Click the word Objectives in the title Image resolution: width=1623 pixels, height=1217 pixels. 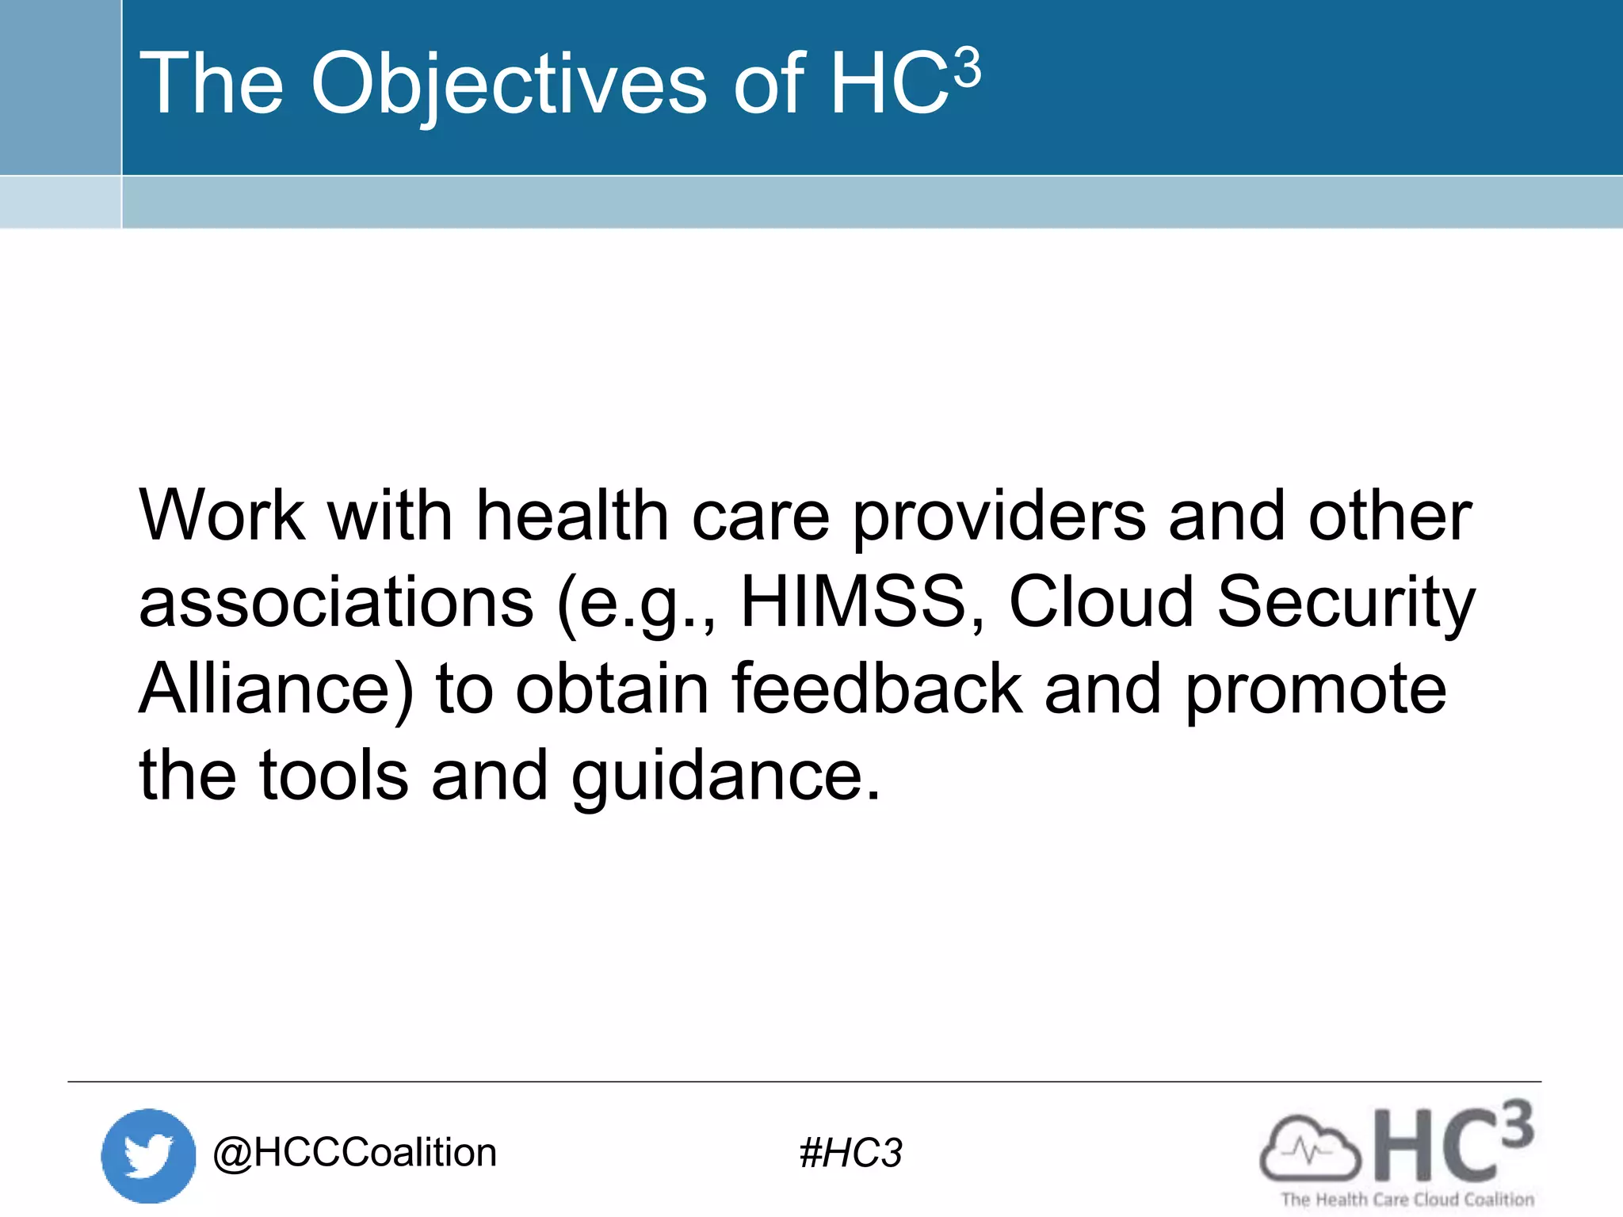tap(508, 84)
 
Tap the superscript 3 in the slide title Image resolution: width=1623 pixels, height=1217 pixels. tap(967, 68)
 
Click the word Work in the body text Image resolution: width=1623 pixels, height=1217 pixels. tap(222, 516)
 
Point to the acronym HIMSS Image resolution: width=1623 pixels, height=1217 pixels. tap(862, 602)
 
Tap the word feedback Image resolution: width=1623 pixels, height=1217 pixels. tap(876, 689)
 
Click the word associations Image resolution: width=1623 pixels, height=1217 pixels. tap(336, 602)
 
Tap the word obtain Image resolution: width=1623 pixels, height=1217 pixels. tap(612, 689)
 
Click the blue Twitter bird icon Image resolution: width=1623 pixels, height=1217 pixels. tap(148, 1155)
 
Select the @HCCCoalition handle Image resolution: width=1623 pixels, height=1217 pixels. tap(354, 1153)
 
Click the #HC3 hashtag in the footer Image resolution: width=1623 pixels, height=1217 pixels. tap(850, 1153)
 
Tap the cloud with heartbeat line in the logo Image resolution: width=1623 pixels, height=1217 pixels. tap(1309, 1148)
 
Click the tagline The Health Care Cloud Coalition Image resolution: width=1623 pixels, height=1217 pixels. tap(1407, 1200)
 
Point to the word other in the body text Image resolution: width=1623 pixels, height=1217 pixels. tap(1390, 516)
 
